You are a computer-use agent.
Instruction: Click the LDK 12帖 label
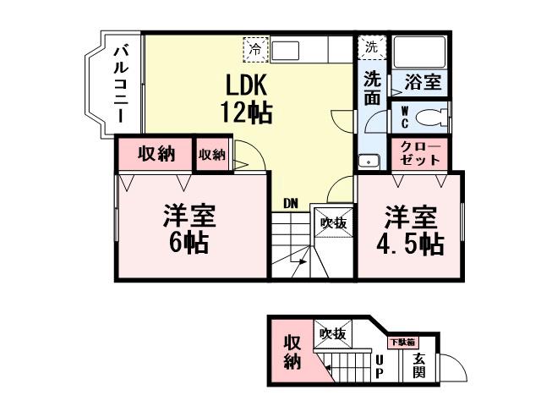(x=246, y=98)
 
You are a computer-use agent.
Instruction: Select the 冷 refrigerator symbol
(x=254, y=49)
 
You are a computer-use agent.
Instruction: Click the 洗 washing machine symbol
(x=371, y=47)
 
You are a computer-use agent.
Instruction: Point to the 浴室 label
(x=422, y=83)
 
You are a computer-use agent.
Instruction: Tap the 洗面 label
(x=372, y=88)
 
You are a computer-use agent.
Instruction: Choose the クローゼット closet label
(x=420, y=152)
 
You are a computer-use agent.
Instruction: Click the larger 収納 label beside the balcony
(x=156, y=154)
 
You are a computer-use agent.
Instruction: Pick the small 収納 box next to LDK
(x=212, y=154)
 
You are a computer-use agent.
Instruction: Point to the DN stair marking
(x=291, y=203)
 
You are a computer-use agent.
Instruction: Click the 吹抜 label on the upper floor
(x=333, y=223)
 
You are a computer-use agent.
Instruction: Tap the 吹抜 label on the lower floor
(x=332, y=334)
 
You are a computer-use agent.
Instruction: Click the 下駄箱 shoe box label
(x=402, y=343)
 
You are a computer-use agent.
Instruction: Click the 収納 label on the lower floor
(x=292, y=351)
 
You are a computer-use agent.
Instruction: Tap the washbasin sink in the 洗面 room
(x=367, y=161)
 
